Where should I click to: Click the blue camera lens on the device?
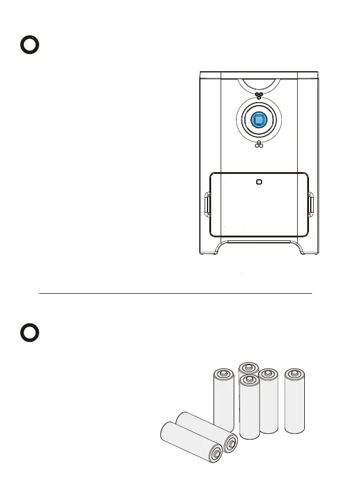[x=258, y=120]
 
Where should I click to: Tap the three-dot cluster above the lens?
[x=259, y=96]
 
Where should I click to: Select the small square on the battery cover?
[x=259, y=182]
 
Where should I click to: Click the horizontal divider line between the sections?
[x=175, y=293]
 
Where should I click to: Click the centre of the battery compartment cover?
[x=259, y=205]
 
